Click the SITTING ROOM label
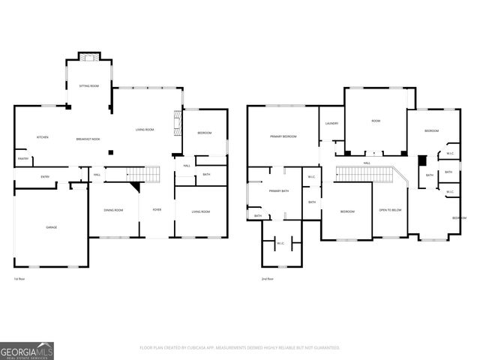pos(89,86)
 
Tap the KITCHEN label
pos(43,137)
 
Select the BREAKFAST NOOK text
pos(88,139)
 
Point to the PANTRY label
pos(22,159)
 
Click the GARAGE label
pos(51,227)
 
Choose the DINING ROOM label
pos(113,211)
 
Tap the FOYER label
pos(156,210)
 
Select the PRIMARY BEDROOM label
pos(283,136)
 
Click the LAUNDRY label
pos(331,123)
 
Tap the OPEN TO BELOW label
pos(390,210)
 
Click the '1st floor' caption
pos(19,279)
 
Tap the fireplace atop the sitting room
pos(89,58)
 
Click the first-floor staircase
pos(147,174)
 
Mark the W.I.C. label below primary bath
pos(280,243)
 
